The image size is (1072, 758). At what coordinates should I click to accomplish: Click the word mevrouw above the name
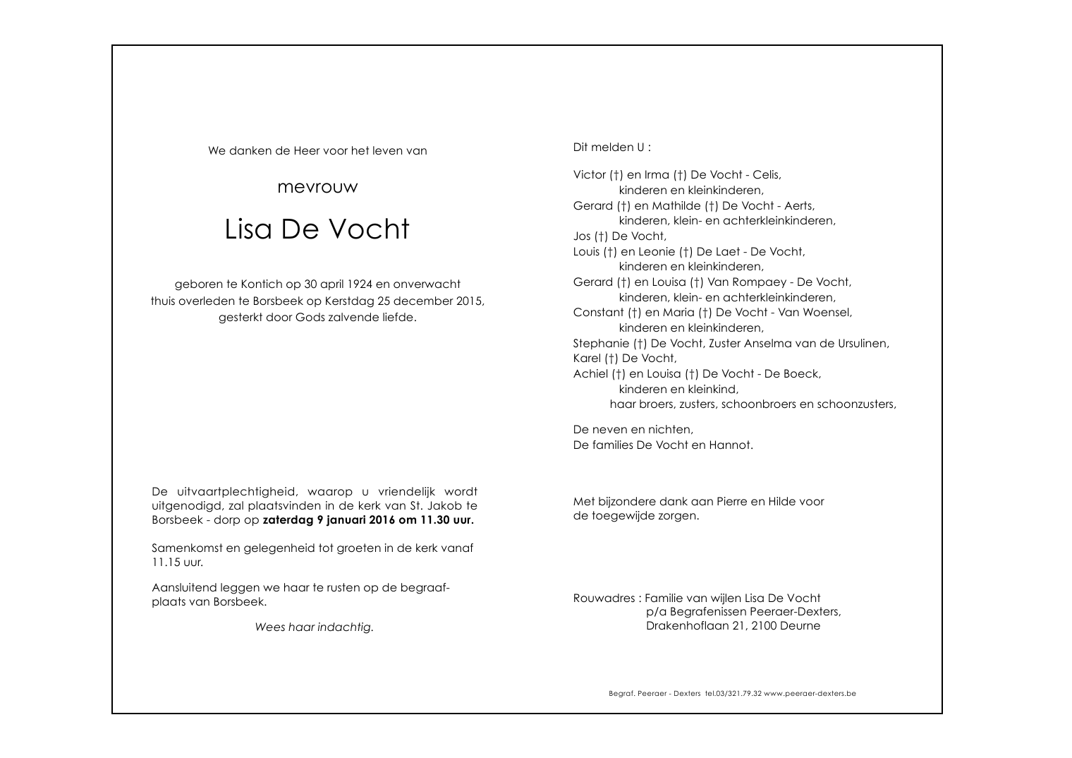317,188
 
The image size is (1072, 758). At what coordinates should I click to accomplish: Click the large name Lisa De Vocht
317,229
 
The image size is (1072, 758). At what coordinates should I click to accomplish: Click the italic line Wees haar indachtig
314,627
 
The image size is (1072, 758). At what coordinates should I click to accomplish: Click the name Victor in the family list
589,175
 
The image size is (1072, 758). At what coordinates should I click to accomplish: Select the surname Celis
767,175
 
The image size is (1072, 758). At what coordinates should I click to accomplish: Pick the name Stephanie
601,344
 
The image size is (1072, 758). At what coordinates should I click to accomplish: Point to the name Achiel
590,374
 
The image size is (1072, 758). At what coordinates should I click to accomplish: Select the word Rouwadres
604,598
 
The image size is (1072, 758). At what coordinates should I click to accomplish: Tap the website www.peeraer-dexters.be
810,694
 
